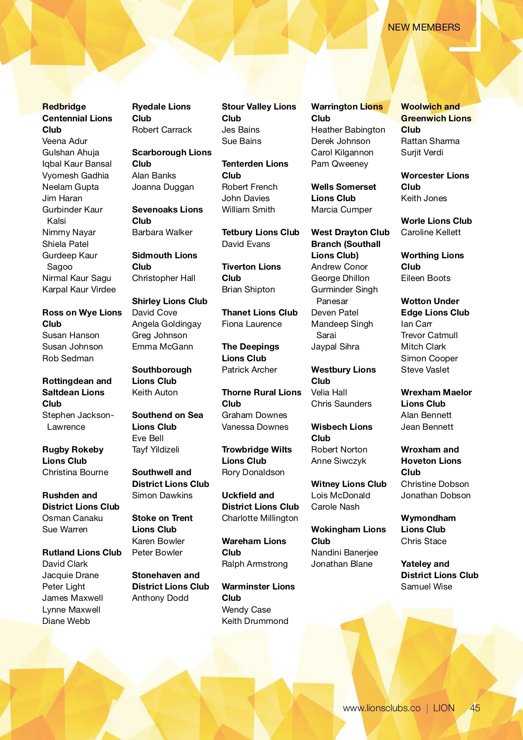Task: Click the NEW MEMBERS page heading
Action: pyautogui.click(x=424, y=27)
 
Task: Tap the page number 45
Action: pyautogui.click(x=475, y=708)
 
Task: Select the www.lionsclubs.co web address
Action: pyautogui.click(x=381, y=708)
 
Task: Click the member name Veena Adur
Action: pyautogui.click(x=65, y=141)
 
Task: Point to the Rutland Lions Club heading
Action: pyautogui.click(x=82, y=552)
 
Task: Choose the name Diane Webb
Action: pyautogui.click(x=66, y=621)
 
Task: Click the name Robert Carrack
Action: pyautogui.click(x=162, y=130)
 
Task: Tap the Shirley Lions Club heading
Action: pyautogui.click(x=170, y=301)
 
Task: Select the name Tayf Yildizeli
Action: pyautogui.click(x=156, y=449)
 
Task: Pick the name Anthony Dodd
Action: pyautogui.click(x=160, y=598)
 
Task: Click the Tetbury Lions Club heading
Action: pyautogui.click(x=260, y=232)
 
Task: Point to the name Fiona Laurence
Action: pyautogui.click(x=251, y=324)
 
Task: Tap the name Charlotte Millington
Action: pyautogui.click(x=260, y=518)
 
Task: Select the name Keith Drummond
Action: pyautogui.click(x=255, y=621)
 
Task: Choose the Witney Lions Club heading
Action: pyautogui.click(x=349, y=484)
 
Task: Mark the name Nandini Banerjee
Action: pyautogui.click(x=344, y=552)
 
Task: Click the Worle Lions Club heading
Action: pyautogui.click(x=436, y=221)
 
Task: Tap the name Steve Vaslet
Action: pyautogui.click(x=425, y=370)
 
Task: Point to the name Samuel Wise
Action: pyautogui.click(x=426, y=586)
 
